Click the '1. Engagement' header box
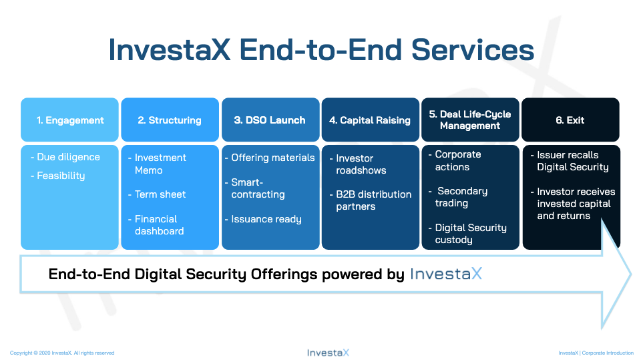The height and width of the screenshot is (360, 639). point(69,120)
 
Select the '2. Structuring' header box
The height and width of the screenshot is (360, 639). point(170,120)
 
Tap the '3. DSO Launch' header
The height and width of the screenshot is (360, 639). point(270,120)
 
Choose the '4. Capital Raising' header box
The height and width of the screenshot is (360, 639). point(371,120)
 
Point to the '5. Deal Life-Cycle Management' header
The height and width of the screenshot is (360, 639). point(470,120)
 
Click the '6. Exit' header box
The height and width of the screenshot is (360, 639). point(570,120)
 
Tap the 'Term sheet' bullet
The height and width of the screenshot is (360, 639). point(157,194)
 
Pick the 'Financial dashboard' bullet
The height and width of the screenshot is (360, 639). point(156,225)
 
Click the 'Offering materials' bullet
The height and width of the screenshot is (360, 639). point(270,158)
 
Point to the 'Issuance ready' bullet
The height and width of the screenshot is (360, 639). point(263,219)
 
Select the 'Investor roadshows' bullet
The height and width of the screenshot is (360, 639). point(358,164)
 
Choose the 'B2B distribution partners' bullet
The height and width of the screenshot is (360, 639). point(371,200)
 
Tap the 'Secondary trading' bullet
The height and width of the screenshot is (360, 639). point(458,197)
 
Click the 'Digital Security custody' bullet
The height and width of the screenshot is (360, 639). point(467,234)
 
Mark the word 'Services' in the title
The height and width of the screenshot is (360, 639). point(473,49)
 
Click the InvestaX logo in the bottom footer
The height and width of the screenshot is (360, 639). point(328,353)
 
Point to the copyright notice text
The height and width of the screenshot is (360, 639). point(62,353)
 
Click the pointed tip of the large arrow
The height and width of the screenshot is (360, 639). point(631,274)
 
